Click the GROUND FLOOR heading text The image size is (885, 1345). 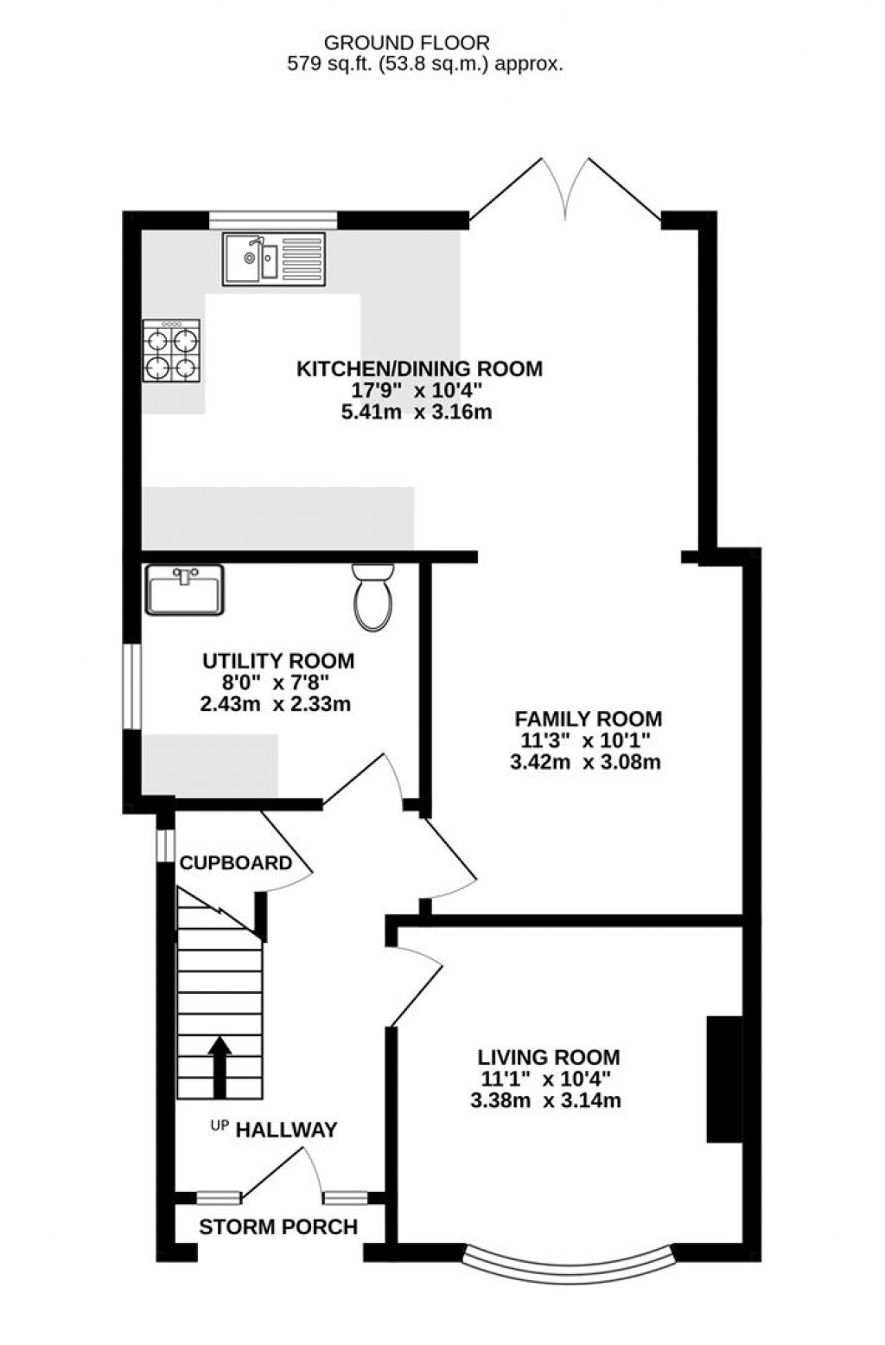(x=406, y=42)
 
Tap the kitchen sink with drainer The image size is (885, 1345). (x=273, y=259)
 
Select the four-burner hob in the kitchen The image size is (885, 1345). (x=171, y=350)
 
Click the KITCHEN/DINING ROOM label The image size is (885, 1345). (x=419, y=369)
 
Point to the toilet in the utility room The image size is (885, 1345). (x=373, y=596)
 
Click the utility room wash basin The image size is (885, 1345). (x=184, y=590)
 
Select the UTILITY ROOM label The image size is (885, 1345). (x=277, y=662)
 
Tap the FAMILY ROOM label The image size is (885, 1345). (x=588, y=719)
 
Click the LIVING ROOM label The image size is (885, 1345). (x=549, y=1057)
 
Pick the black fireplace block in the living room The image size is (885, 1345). (x=724, y=1079)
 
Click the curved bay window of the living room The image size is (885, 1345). (x=567, y=1262)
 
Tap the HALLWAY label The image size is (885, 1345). (x=286, y=1130)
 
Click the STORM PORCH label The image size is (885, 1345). (x=277, y=1227)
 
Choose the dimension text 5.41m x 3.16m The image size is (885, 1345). (x=417, y=413)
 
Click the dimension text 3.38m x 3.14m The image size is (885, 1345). (x=545, y=1101)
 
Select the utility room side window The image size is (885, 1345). (x=131, y=686)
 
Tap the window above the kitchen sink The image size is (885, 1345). (x=272, y=220)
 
